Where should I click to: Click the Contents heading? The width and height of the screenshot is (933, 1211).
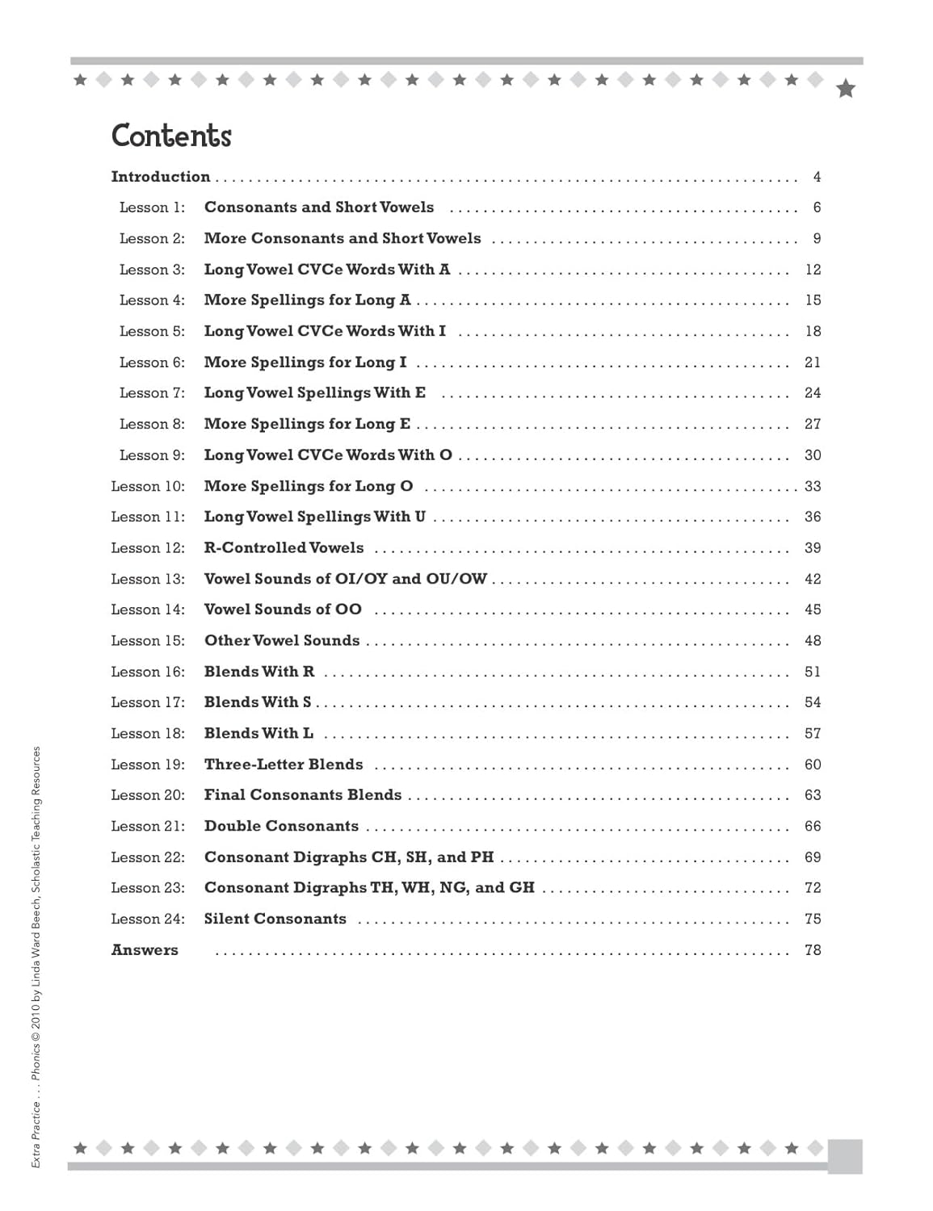pos(171,136)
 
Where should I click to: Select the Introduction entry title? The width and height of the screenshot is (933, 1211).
pos(160,177)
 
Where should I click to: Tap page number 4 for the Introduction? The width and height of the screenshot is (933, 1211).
pos(817,177)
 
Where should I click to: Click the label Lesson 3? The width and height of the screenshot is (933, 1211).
pos(152,270)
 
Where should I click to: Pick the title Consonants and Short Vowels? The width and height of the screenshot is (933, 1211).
pos(318,207)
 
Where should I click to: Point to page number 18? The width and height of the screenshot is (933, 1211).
pos(813,331)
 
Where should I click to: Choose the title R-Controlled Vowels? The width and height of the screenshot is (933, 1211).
pos(284,548)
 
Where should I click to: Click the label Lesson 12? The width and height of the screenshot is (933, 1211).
pos(148,548)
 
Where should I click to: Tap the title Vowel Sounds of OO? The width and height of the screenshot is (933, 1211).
pos(283,610)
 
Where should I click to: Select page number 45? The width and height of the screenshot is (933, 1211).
pos(813,610)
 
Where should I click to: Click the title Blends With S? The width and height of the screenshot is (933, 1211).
pos(257,702)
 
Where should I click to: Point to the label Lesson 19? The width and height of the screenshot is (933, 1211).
pos(148,765)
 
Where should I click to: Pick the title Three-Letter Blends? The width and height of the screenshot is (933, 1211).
pos(284,765)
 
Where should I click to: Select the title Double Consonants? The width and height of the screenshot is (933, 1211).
pos(281,826)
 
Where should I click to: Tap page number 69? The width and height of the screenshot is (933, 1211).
pos(813,857)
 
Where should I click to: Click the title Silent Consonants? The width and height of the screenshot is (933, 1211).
pos(275,919)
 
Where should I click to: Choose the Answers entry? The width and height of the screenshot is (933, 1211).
pos(145,950)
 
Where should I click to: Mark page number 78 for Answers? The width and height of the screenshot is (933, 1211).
pos(813,950)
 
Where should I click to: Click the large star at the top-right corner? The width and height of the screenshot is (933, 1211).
pos(846,88)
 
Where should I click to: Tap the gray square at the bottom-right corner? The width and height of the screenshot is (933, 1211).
pos(845,1156)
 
